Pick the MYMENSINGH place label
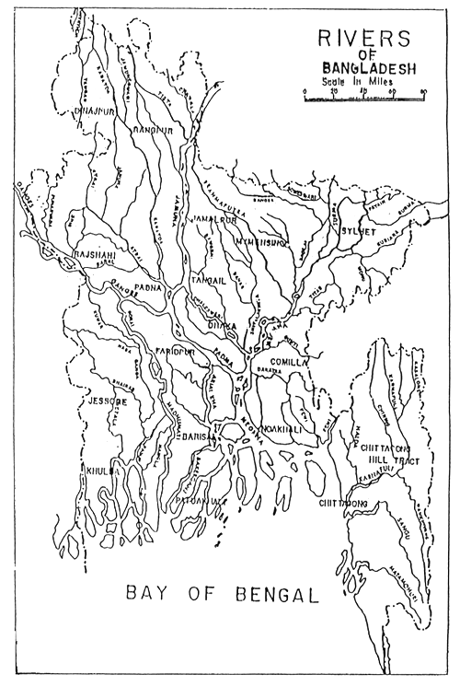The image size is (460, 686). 262,241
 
